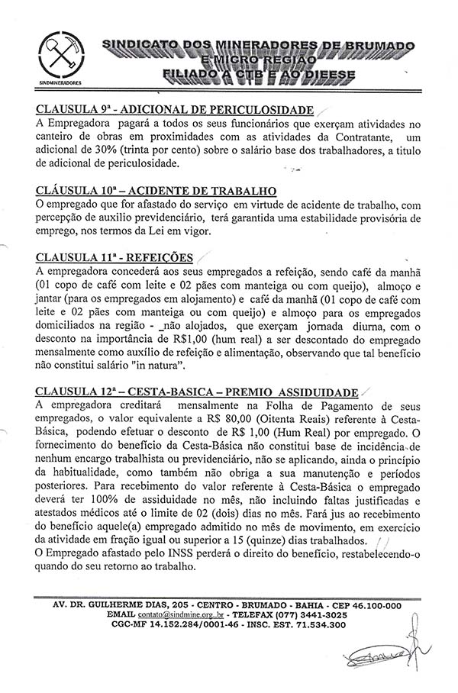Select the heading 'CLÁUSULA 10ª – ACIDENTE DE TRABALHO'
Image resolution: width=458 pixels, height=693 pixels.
(156, 190)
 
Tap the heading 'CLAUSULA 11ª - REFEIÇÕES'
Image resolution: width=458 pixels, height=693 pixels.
(114, 257)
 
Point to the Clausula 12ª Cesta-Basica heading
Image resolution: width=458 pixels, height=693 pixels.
(196, 392)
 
